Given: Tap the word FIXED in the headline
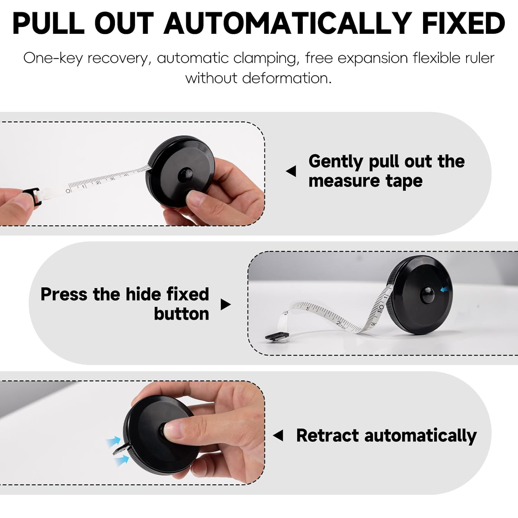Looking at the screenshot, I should coord(463,23).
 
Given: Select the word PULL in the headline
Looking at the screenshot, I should coord(48,23).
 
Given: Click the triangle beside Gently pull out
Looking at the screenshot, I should coord(291,171).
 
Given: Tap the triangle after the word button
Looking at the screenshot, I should coord(225,304).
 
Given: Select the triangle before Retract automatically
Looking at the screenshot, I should coord(278,435).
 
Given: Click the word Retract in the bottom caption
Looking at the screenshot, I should coord(327,435).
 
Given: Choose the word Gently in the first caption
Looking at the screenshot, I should coord(336,162).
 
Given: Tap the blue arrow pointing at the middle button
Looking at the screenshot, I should coord(445,289).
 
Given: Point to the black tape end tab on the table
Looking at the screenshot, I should coord(277,336).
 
